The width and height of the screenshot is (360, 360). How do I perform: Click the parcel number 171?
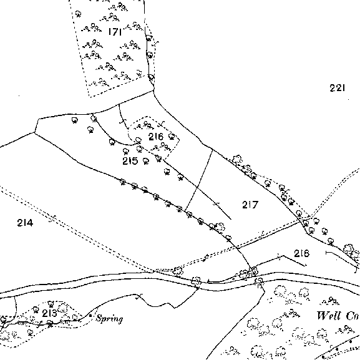pos(115,31)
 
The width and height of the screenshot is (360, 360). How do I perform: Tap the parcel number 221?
pos(338,88)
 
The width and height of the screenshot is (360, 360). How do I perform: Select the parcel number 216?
pos(156,137)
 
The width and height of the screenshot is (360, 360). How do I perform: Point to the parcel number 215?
pos(130,161)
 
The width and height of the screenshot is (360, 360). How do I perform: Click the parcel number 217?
pos(250,205)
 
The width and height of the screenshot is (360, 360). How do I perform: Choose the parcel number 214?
pos(25,223)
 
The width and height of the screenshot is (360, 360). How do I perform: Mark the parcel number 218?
pos(302,253)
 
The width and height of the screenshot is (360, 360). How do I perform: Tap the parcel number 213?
pos(49,313)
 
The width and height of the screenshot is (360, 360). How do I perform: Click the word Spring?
pos(109,319)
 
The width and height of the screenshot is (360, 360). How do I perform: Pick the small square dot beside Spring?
pos(90,316)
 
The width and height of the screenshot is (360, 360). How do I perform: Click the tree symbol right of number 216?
pos(172,137)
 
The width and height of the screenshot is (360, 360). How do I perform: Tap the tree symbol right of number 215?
pos(145,161)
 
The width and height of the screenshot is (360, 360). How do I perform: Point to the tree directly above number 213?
pos(51,304)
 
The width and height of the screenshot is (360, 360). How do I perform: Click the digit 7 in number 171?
pos(115,31)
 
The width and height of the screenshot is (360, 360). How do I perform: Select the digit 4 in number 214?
pos(29,223)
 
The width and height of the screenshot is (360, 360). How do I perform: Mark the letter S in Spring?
pos(99,318)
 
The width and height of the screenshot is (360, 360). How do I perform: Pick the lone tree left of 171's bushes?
pos(78,14)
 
